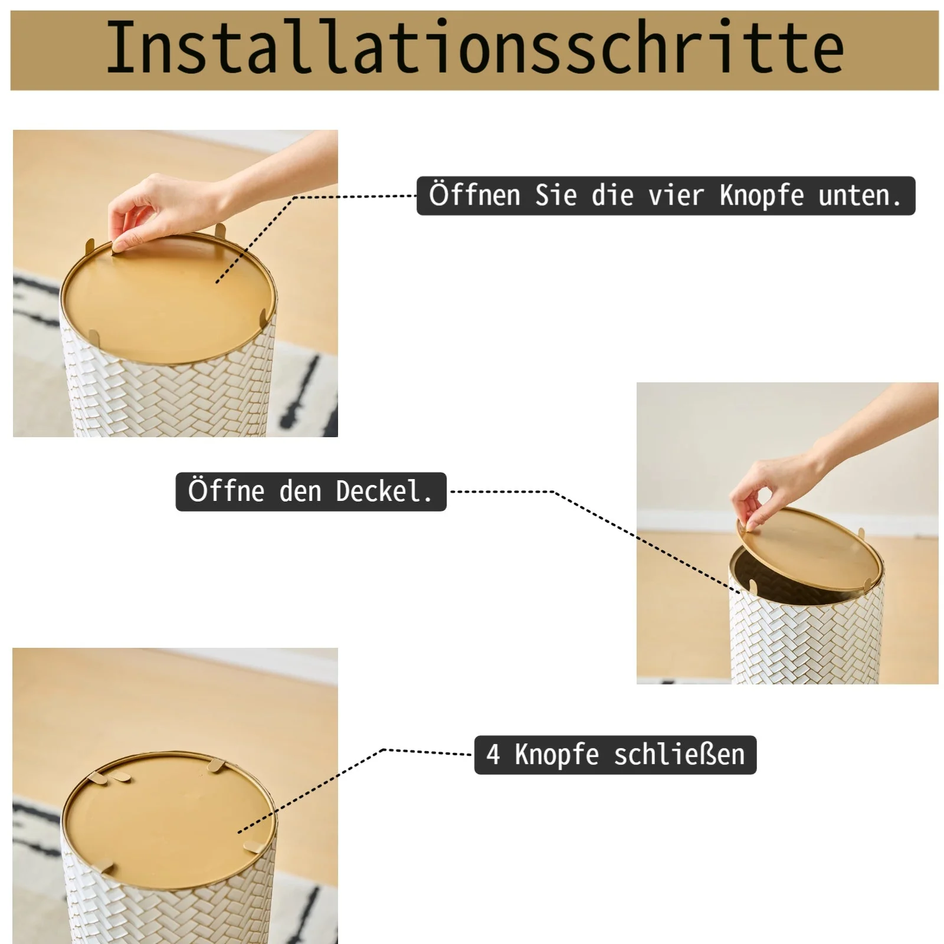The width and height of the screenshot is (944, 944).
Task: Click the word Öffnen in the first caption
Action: coord(474,195)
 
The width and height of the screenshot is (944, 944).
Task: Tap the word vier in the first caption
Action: coord(676,195)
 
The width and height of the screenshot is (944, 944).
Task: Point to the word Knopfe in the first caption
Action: coord(761,196)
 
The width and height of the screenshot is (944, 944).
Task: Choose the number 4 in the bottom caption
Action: coord(493,754)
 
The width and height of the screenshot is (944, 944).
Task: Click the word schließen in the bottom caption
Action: coord(679,754)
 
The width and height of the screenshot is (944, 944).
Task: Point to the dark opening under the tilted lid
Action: coord(785,584)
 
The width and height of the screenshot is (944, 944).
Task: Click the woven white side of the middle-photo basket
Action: coord(808,643)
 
